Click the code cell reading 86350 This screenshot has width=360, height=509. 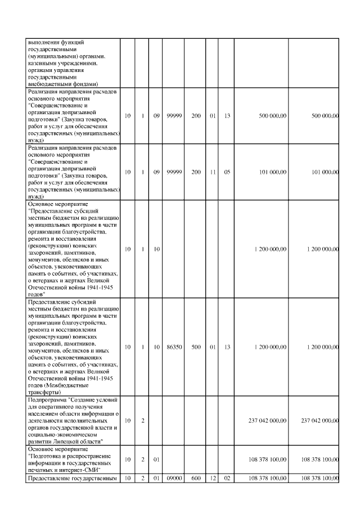[174, 347]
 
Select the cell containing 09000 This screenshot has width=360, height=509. [174, 479]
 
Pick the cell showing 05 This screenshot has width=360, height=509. [227, 172]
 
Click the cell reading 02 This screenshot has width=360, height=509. [227, 479]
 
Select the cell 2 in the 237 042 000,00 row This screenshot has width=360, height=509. [143, 420]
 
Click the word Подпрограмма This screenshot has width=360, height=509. [46, 399]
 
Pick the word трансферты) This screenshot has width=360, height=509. [44, 392]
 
